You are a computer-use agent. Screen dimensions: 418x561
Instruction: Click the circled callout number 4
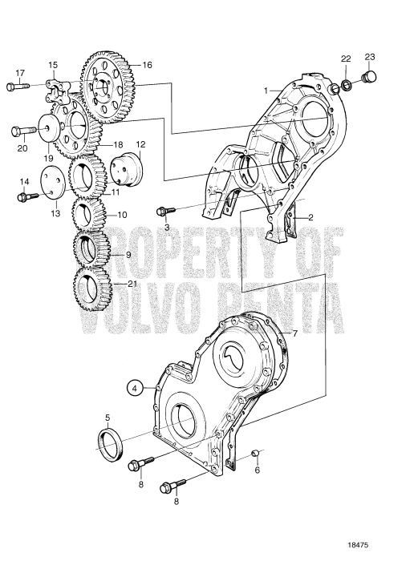(134, 388)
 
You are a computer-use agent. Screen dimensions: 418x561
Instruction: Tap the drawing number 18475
(358, 545)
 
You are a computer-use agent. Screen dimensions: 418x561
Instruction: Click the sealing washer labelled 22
(346, 86)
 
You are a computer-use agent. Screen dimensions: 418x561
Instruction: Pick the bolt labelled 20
(23, 130)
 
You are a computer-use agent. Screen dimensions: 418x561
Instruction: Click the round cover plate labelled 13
(52, 183)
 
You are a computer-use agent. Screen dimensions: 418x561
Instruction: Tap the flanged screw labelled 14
(27, 196)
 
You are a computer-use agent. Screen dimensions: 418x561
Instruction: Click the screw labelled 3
(165, 211)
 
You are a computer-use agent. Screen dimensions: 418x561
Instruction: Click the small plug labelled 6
(256, 454)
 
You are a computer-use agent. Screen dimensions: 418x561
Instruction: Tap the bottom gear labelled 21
(93, 289)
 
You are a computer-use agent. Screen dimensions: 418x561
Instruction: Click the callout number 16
(147, 65)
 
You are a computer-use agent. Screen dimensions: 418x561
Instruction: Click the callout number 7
(294, 333)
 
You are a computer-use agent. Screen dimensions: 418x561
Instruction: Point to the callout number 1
(266, 91)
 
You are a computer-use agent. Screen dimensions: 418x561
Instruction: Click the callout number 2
(310, 217)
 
